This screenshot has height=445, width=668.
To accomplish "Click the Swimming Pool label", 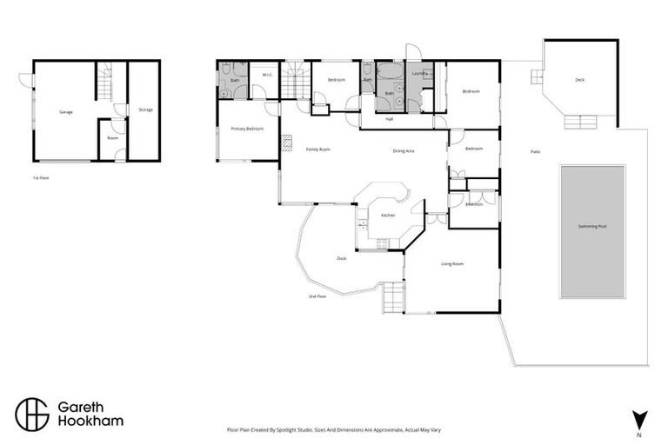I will (x=591, y=226).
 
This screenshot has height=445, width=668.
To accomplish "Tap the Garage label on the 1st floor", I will (x=65, y=112).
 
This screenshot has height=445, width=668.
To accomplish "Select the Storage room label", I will (x=145, y=110).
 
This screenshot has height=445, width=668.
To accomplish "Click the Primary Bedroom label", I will (x=247, y=129).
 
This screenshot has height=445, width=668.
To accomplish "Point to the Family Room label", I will (x=317, y=149).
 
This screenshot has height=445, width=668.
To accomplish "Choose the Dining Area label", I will (x=403, y=150).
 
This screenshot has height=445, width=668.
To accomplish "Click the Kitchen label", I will (x=388, y=215).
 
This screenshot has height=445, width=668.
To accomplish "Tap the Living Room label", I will (x=451, y=263).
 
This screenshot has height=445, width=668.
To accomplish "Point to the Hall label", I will (x=390, y=118).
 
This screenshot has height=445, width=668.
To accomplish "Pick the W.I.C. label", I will (x=266, y=75).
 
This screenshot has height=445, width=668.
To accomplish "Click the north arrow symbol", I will (x=638, y=418).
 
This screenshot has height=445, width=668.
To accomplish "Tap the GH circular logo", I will (x=31, y=414).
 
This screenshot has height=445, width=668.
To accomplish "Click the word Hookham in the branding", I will (x=90, y=422).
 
